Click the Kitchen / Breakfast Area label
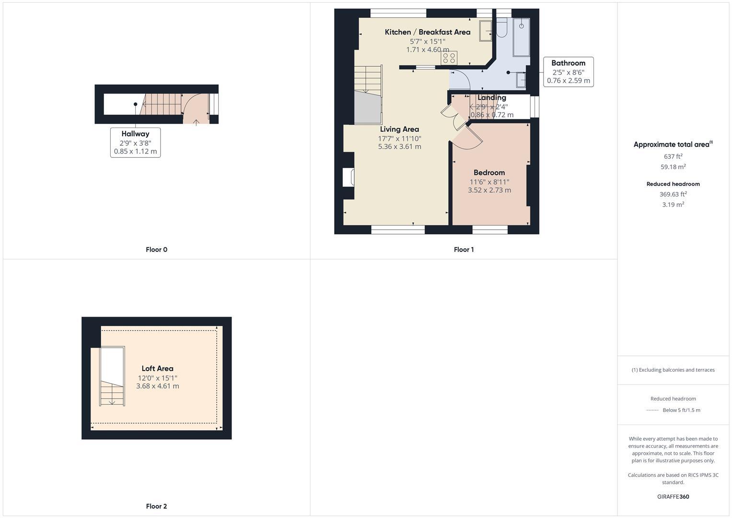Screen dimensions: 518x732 pyautogui.click(x=428, y=32)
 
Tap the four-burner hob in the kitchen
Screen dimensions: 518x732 pyautogui.click(x=449, y=58)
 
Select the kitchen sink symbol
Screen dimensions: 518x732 pyautogui.click(x=485, y=32)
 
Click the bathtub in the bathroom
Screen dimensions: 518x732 pyautogui.click(x=521, y=37)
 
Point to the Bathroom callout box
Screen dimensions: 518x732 pyautogui.click(x=568, y=72)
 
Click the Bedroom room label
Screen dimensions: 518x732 pyautogui.click(x=489, y=173)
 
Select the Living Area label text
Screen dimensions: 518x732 pyautogui.click(x=399, y=129)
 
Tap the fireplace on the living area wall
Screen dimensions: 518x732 pyautogui.click(x=349, y=177)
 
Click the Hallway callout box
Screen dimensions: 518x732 pyautogui.click(x=135, y=142)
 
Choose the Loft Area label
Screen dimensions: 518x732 pyautogui.click(x=157, y=368)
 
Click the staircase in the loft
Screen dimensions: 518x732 pyautogui.click(x=112, y=377)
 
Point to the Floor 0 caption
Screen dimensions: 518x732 pyautogui.click(x=156, y=249)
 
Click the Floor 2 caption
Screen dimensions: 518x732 pyautogui.click(x=156, y=506)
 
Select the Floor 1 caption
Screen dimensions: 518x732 pyautogui.click(x=464, y=249)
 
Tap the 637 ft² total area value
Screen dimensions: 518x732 pyautogui.click(x=673, y=156)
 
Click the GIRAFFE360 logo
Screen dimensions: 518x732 pyautogui.click(x=673, y=496)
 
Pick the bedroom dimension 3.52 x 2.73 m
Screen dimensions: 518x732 pyautogui.click(x=489, y=190)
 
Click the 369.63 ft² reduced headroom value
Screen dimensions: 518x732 pyautogui.click(x=673, y=194)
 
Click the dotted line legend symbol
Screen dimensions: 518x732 pyautogui.click(x=652, y=410)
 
